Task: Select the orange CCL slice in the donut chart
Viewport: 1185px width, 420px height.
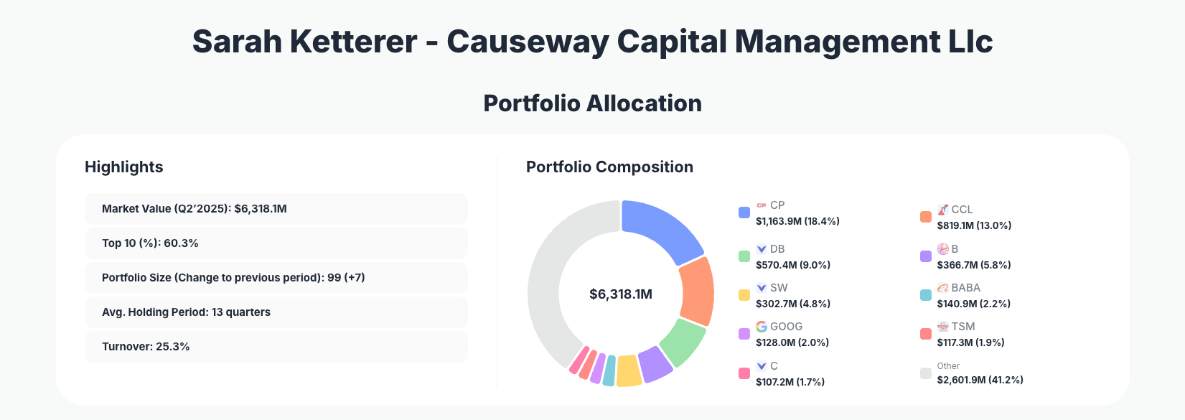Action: tap(697, 291)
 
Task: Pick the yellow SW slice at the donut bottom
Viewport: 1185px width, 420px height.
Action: tap(628, 370)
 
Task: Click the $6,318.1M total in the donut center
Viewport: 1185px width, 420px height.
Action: tap(621, 294)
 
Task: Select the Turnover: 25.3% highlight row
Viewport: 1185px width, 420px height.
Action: tap(276, 347)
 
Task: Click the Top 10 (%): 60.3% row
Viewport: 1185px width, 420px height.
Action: tap(276, 243)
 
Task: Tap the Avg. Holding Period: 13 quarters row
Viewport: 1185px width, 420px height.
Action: tap(276, 312)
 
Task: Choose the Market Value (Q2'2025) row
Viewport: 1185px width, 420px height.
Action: tap(276, 209)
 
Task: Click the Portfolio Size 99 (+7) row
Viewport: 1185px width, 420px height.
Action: tap(276, 278)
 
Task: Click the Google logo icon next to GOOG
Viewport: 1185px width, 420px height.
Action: tap(762, 327)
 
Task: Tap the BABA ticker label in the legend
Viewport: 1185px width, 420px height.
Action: tap(965, 288)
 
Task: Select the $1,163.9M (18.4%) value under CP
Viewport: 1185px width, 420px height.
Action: tap(797, 221)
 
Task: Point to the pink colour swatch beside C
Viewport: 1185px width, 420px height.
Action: tap(744, 373)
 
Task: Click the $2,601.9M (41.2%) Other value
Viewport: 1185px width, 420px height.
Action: tap(980, 380)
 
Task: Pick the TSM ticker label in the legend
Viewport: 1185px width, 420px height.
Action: tap(963, 327)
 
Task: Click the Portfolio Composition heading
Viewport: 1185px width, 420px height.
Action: tap(609, 167)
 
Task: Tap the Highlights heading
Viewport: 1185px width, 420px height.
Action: tap(124, 167)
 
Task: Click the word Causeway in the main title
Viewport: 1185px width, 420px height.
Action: tap(528, 42)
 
